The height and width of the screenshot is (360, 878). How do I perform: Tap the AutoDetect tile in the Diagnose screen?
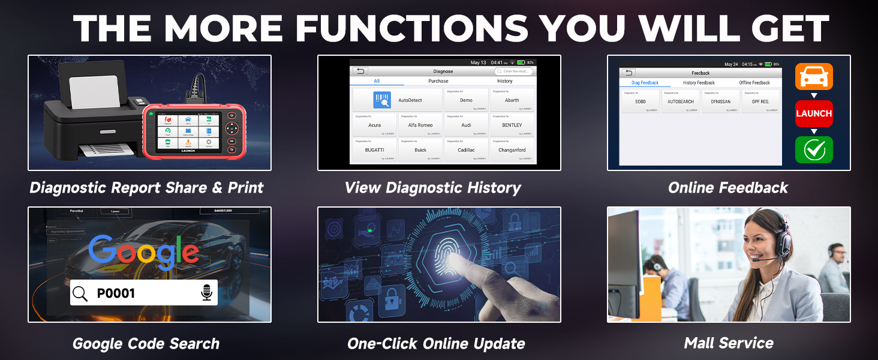point(398,100)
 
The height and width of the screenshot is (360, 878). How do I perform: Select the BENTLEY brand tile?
point(512,125)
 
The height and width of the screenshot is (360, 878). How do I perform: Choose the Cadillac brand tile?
point(466,150)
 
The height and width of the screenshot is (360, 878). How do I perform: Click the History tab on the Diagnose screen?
point(504,81)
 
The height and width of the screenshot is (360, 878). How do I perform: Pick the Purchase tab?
point(438,81)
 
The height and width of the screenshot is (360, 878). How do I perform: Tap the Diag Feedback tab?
point(645,83)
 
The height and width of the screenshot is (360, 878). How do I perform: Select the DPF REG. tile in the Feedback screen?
point(760,101)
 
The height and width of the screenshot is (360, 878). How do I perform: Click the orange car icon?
point(813,77)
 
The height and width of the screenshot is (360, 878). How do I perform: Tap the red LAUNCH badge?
point(813,113)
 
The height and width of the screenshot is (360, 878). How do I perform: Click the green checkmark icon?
point(813,149)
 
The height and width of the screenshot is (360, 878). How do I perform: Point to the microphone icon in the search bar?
point(206,293)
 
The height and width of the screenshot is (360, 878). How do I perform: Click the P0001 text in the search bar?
point(116,293)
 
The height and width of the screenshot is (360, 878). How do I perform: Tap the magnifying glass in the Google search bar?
point(80,293)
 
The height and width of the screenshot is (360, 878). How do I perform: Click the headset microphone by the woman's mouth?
point(757,260)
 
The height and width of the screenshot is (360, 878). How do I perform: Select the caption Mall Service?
point(728,343)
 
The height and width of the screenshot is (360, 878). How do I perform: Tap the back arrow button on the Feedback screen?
point(629,73)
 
